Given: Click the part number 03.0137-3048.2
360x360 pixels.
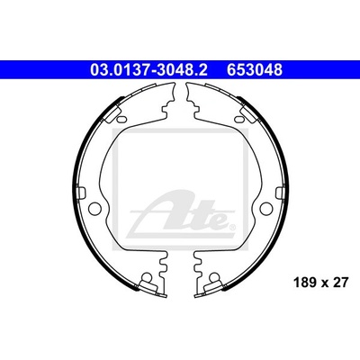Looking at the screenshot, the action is point(148,70).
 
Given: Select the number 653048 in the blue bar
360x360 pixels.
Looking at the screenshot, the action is point(255,70).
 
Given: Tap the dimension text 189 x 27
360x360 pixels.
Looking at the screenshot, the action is point(321,283).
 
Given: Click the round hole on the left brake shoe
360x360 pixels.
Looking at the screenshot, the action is point(95,208).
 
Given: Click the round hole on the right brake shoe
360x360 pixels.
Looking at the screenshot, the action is point(266,208).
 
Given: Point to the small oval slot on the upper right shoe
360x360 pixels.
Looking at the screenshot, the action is point(238,119).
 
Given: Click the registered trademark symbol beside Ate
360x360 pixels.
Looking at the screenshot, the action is point(231,226).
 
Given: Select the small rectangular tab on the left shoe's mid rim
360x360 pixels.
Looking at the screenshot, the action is point(81,193).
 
